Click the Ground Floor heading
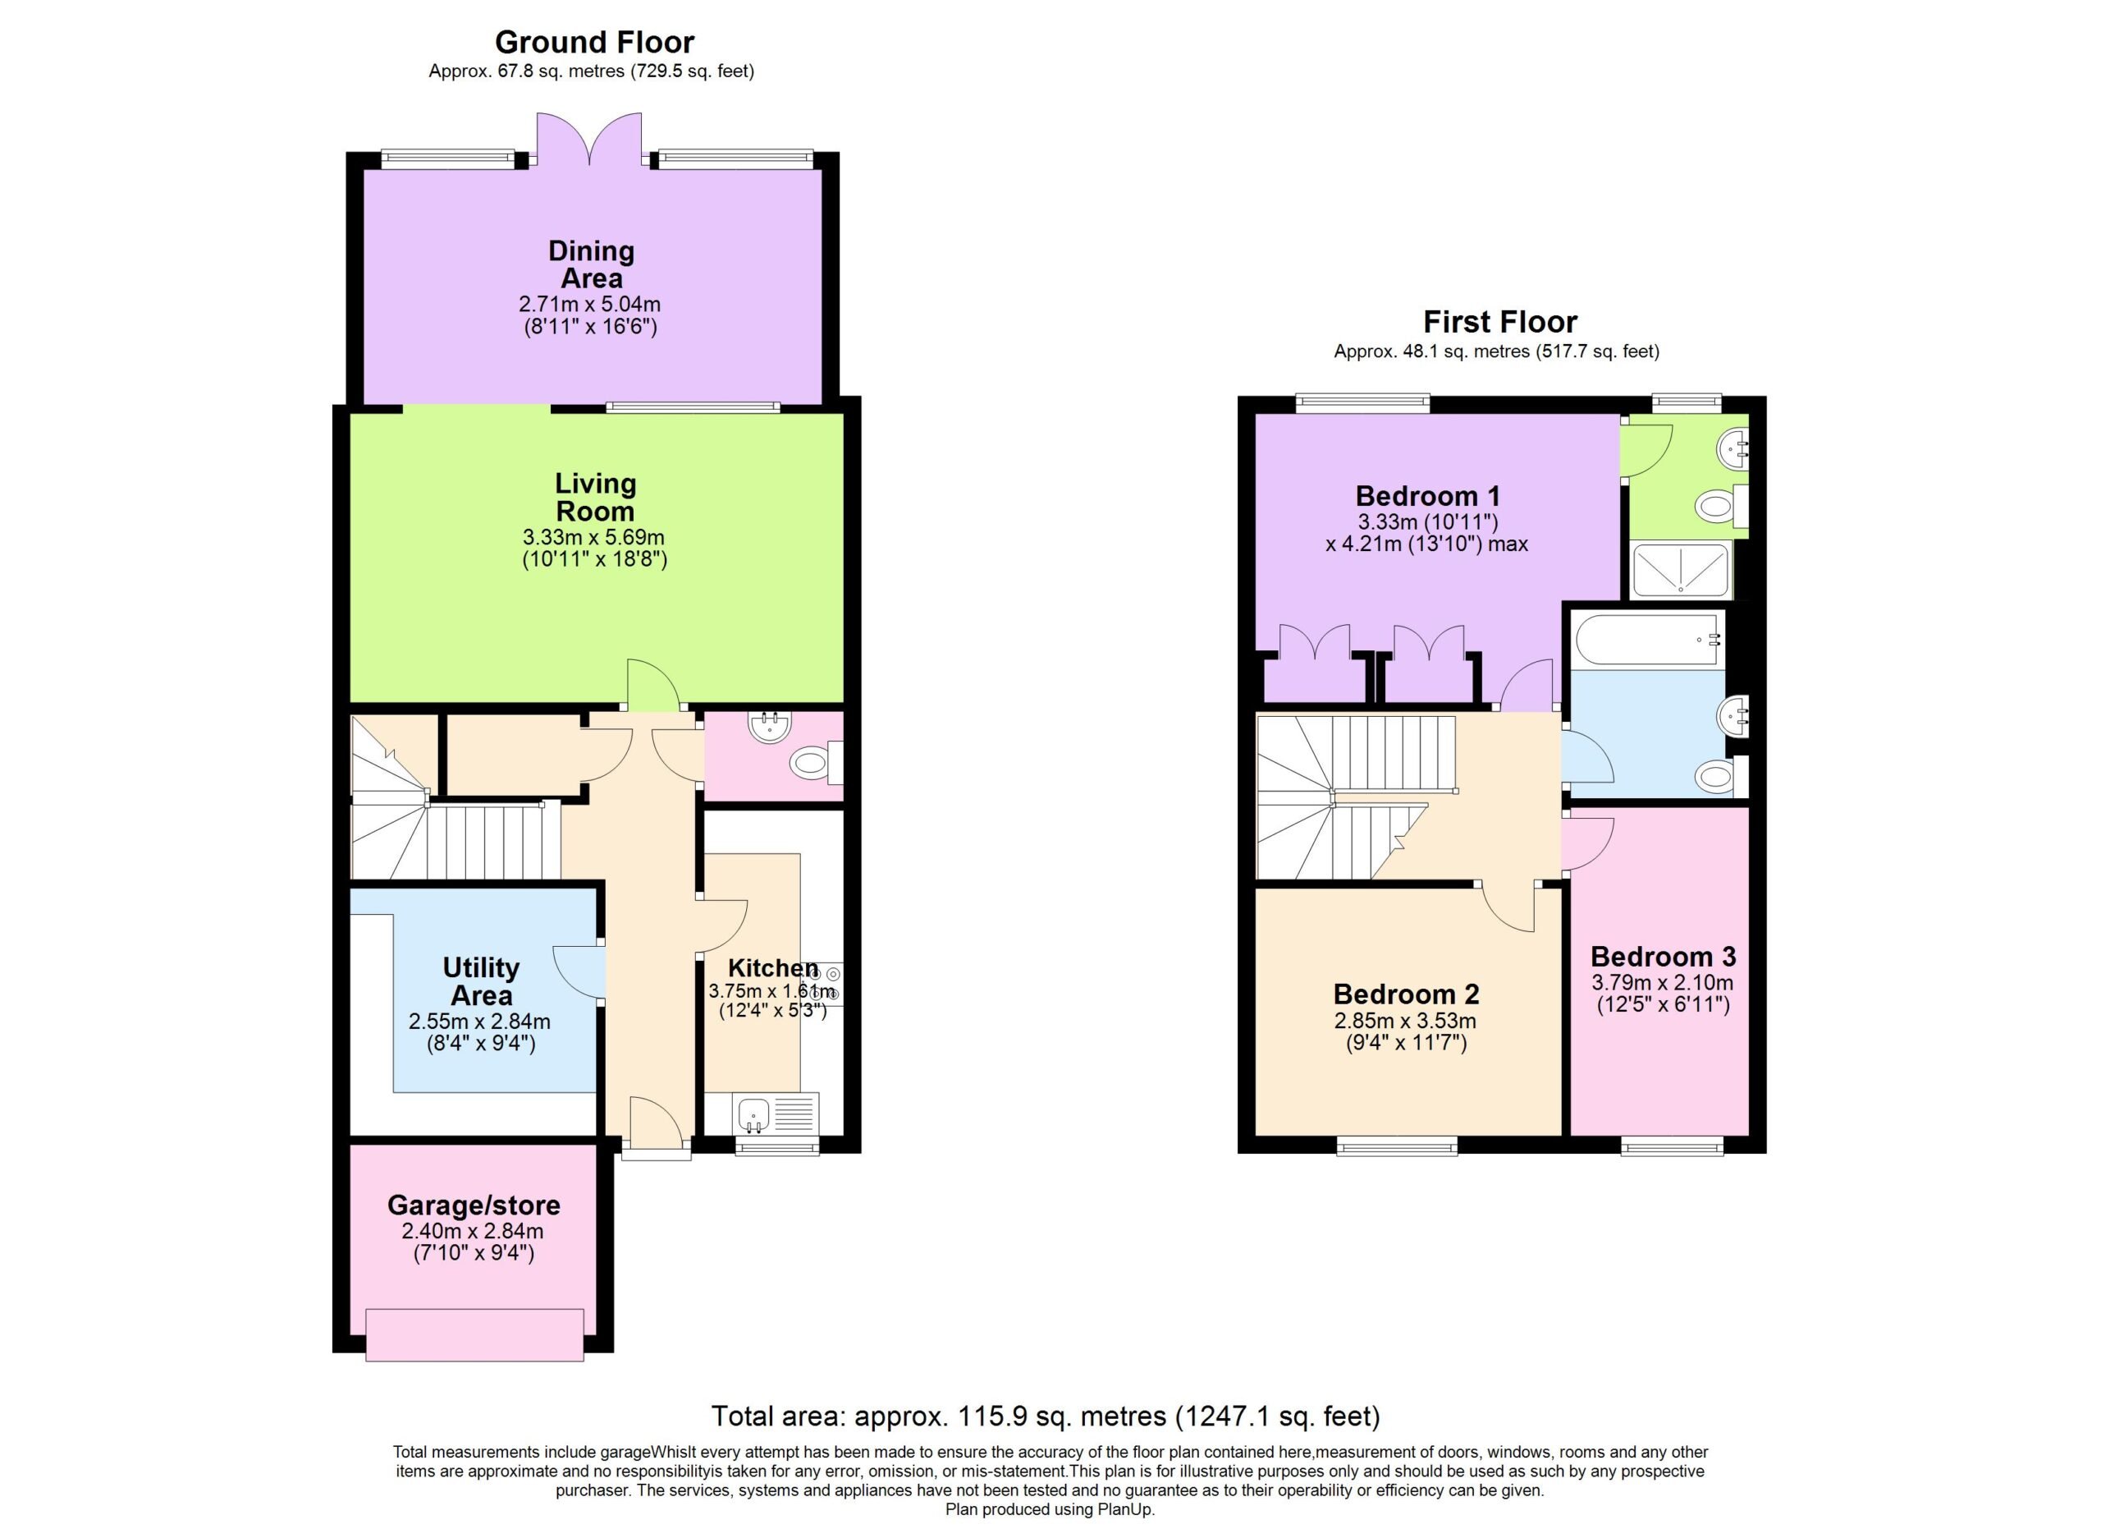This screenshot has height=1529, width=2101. [594, 42]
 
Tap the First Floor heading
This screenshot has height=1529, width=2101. [1499, 322]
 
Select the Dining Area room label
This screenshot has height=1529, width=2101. [591, 264]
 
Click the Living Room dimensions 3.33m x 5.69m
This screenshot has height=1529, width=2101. [594, 536]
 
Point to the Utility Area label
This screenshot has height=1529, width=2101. [481, 981]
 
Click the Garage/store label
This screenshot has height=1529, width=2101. [474, 1205]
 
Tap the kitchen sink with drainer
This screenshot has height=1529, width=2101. [776, 1113]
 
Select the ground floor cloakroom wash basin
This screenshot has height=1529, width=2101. [769, 728]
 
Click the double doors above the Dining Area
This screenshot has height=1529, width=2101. [589, 139]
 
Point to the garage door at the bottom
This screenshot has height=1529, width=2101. [474, 1334]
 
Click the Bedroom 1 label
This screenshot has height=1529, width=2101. [1427, 496]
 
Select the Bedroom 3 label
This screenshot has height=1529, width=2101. [1663, 957]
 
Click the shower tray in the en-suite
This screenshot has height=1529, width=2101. [1681, 570]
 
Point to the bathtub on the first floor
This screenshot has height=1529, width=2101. [1648, 640]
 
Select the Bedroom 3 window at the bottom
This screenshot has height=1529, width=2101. [1672, 1146]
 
